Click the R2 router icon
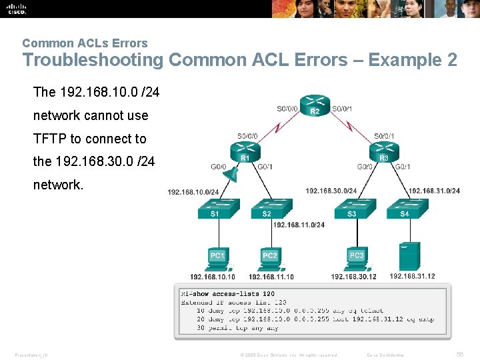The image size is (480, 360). point(315,105)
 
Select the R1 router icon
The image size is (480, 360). point(244,152)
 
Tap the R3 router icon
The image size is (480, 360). point(383,152)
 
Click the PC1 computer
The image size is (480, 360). point(217,256)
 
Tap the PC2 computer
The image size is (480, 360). point(269,256)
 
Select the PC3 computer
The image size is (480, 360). point(357,256)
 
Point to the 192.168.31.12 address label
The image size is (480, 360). point(412,276)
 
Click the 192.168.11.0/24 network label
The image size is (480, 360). point(299,225)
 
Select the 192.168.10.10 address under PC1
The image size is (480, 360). point(213,277)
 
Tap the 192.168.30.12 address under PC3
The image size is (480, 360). point(353,277)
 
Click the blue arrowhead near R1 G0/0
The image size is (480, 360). point(230,174)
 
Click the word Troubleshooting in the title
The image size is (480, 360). point(93,60)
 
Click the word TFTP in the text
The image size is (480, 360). point(49,139)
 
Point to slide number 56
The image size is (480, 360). point(460,354)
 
